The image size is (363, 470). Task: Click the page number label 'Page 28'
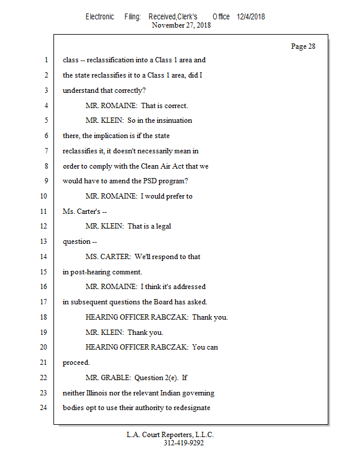303,46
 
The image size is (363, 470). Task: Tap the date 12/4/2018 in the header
251,16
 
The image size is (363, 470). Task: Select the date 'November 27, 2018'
181,25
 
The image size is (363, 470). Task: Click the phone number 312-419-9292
183,443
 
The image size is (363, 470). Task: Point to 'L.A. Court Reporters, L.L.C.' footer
170,435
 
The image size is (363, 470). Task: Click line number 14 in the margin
45,257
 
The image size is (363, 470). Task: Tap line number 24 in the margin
45,408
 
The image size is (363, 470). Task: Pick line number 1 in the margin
46,60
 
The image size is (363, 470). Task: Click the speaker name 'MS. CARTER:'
107,257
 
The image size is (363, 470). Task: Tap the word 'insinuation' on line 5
174,120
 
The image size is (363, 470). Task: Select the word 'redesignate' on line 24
191,408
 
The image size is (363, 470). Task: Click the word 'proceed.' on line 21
76,362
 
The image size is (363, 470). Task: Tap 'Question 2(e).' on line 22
157,377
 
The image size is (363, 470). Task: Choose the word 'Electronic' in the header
100,16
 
